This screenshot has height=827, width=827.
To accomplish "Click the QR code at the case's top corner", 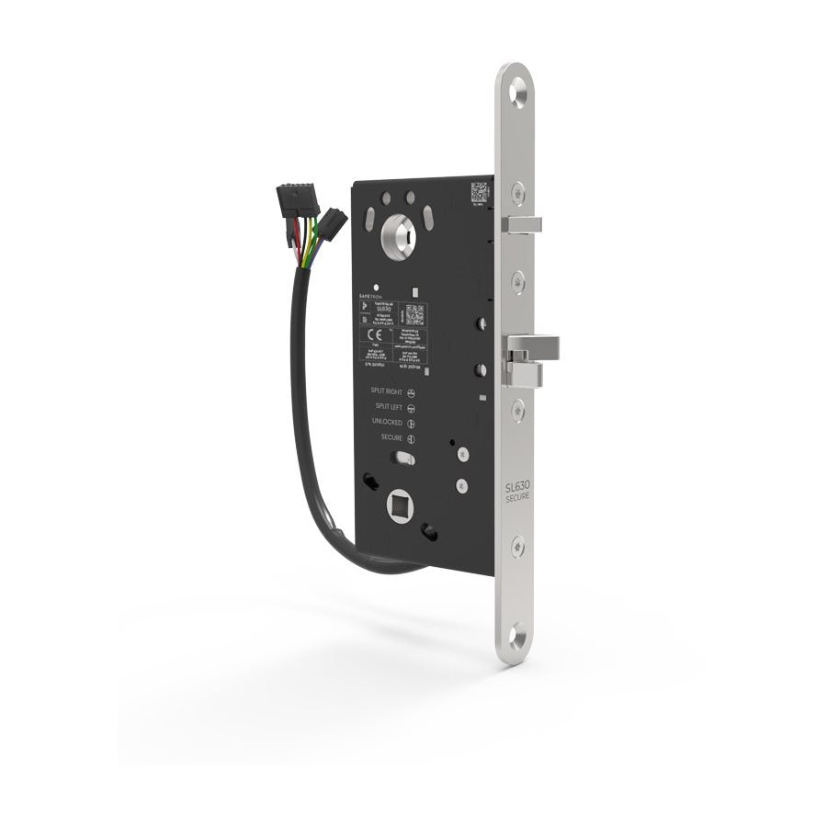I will coord(479,191).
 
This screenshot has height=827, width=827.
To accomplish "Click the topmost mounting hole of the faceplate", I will coord(521,89).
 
